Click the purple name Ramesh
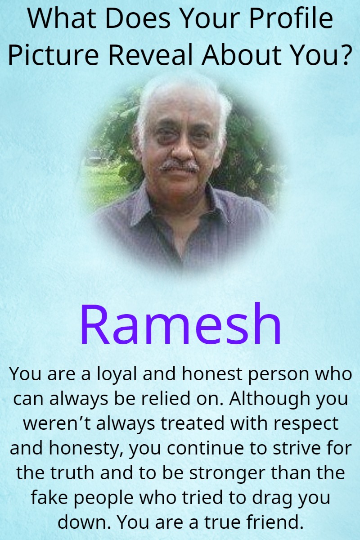[180, 324]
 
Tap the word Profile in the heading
[291, 18]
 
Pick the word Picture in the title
[53, 54]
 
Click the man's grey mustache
[179, 166]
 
